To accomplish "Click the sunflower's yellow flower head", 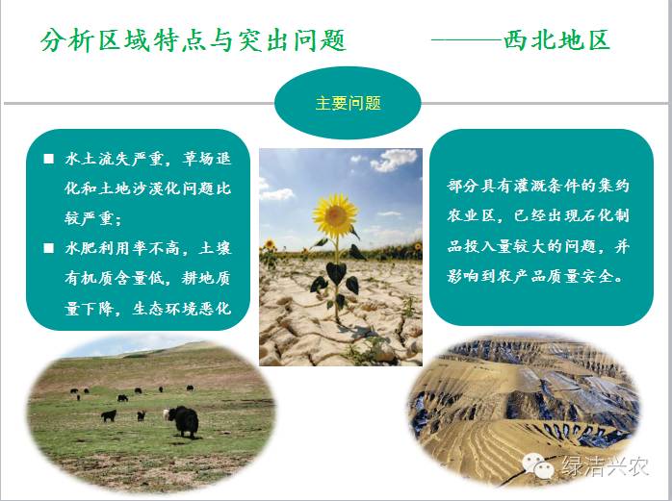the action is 336,215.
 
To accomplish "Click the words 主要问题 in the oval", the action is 348,103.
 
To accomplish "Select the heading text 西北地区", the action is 556,40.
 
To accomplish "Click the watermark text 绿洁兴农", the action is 605,465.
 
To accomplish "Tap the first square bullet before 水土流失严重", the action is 49,160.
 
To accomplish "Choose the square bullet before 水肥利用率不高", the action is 49,248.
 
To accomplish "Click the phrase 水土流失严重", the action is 115,159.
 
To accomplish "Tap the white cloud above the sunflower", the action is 394,160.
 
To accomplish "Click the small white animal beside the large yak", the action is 166,414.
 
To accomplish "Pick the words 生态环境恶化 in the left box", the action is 182,309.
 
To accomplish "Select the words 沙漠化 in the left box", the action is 148,188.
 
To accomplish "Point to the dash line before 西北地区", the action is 467,40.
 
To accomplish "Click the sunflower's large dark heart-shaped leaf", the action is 336,273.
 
